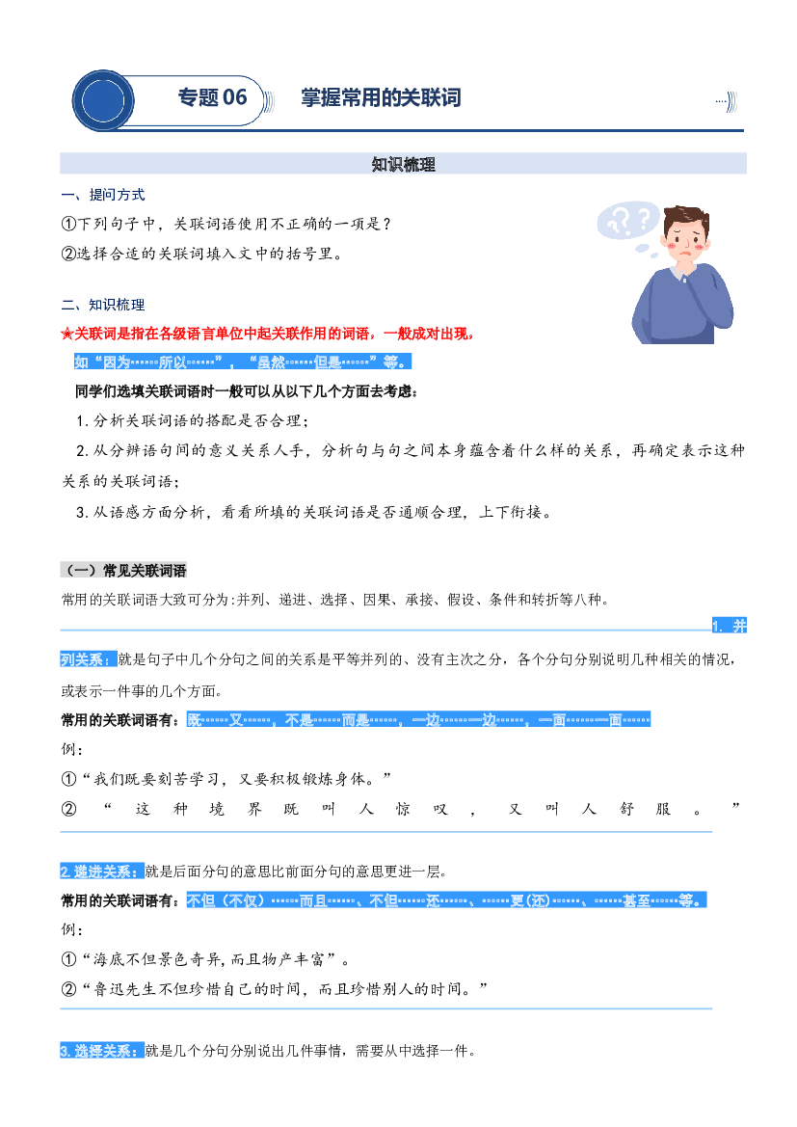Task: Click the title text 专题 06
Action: pyautogui.click(x=213, y=97)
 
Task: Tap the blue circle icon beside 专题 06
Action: pyautogui.click(x=103, y=100)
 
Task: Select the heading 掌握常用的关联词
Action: pyautogui.click(x=381, y=97)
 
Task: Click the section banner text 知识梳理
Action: pyautogui.click(x=403, y=165)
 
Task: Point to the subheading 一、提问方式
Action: pyautogui.click(x=103, y=195)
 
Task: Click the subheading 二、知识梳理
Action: pyautogui.click(x=103, y=305)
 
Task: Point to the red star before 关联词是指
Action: pyautogui.click(x=67, y=334)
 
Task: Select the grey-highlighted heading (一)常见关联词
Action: pyautogui.click(x=123, y=571)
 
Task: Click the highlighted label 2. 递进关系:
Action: pyautogui.click(x=102, y=872)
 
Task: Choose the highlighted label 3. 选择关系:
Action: pyautogui.click(x=102, y=1051)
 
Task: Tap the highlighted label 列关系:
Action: pyautogui.click(x=89, y=659)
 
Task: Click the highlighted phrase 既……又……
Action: pyautogui.click(x=229, y=720)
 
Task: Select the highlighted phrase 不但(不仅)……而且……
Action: pyautogui.click(x=272, y=900)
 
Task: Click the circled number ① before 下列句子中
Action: pyautogui.click(x=69, y=225)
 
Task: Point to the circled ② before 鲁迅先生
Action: pyautogui.click(x=69, y=990)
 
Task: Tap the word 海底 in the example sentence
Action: pyautogui.click(x=109, y=959)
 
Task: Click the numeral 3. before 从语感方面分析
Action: pyautogui.click(x=82, y=513)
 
